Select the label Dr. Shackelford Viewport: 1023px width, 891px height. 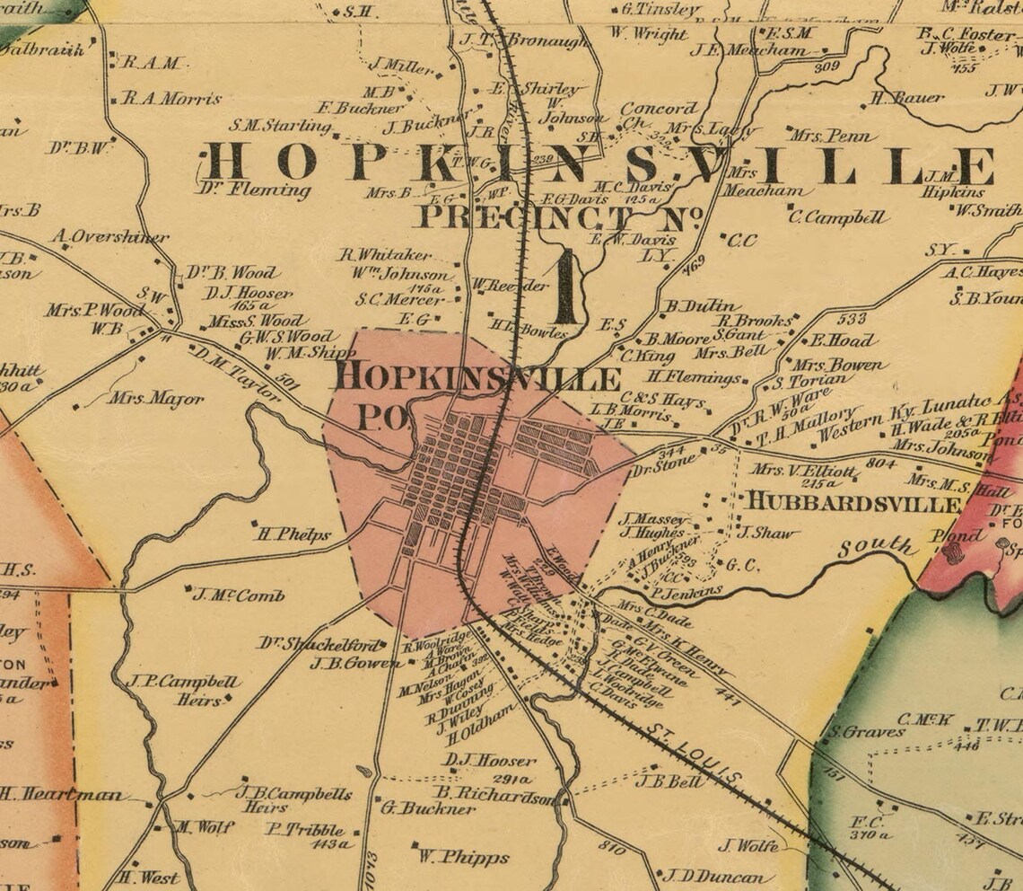(321, 644)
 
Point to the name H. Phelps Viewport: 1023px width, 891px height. (293, 534)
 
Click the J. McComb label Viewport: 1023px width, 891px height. (239, 595)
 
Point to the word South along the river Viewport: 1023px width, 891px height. (877, 544)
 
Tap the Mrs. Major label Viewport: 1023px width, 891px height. (155, 398)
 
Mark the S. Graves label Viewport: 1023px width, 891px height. (867, 732)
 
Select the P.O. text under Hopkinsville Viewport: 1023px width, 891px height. (383, 416)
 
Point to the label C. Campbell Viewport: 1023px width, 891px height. (838, 216)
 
